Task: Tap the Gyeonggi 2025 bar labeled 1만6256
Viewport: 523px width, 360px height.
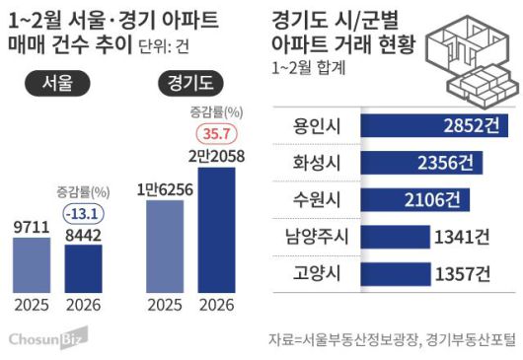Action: point(164,246)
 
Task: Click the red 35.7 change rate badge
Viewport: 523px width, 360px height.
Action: point(217,133)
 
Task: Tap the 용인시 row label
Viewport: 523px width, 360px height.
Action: point(310,126)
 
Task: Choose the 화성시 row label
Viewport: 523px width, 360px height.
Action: point(310,162)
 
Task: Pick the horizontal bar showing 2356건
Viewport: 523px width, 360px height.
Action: point(414,162)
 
